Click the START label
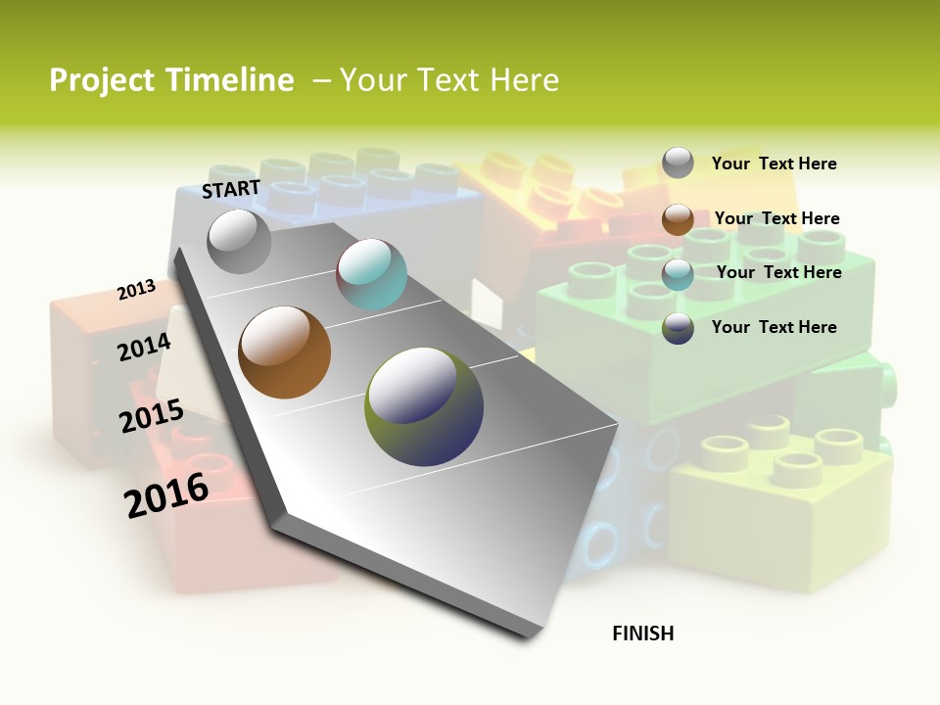[231, 189]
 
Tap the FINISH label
[642, 634]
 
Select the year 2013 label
[136, 290]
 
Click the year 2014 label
[144, 347]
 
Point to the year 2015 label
[151, 416]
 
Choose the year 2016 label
[166, 494]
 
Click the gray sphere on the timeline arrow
[239, 241]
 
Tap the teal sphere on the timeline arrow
[371, 274]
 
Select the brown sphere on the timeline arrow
[284, 352]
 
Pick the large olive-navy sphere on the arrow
[424, 405]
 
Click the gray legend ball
[678, 163]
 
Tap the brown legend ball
[678, 219]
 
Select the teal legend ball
[678, 274]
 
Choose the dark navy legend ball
[678, 328]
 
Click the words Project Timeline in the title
[171, 80]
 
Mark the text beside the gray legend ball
[774, 164]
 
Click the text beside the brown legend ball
[776, 218]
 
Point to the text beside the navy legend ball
[774, 327]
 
